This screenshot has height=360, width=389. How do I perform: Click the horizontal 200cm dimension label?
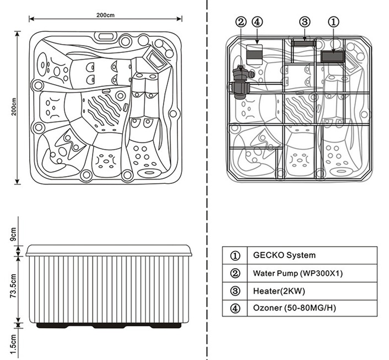[105, 15]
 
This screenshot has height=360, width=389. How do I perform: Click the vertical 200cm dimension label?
[14, 107]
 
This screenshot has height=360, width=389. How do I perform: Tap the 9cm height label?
[13, 234]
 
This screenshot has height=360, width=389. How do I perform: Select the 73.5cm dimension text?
[13, 286]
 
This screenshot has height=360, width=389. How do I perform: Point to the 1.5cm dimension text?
[13, 344]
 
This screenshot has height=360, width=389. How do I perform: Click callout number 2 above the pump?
[241, 22]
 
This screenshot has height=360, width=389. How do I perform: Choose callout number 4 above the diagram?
[257, 22]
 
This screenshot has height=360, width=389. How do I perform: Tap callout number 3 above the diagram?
[305, 22]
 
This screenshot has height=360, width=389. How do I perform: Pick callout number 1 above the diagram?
[333, 22]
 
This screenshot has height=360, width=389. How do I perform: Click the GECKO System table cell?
[312, 255]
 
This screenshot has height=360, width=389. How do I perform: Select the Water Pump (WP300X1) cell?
[312, 273]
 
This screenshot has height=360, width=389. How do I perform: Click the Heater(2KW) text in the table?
[279, 291]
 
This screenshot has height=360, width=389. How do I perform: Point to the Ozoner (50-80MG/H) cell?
[312, 308]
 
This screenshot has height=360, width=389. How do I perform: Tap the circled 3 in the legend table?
[235, 291]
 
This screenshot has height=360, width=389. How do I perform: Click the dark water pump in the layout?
[241, 82]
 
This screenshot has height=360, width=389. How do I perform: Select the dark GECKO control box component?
[333, 57]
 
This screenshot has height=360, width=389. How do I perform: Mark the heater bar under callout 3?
[304, 43]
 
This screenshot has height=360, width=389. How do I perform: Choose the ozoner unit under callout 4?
[255, 54]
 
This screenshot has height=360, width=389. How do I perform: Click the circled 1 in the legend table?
[235, 256]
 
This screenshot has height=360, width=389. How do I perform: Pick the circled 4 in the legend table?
[235, 308]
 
